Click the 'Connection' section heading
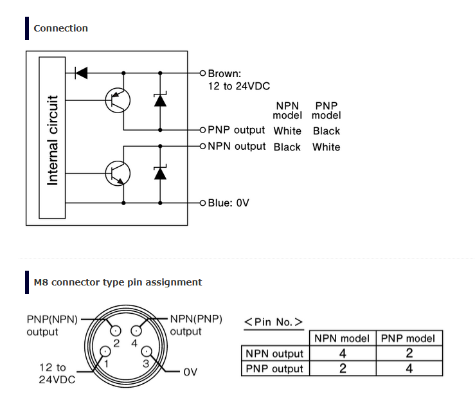click(x=60, y=28)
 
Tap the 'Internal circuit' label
click(x=53, y=140)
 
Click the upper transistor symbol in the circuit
click(x=118, y=100)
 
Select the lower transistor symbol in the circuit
click(x=118, y=174)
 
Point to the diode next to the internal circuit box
click(x=81, y=73)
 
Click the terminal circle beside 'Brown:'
click(x=202, y=73)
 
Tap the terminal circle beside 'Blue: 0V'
click(x=202, y=203)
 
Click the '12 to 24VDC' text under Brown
click(x=238, y=86)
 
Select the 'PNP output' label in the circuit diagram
click(x=237, y=130)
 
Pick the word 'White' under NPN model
click(x=287, y=131)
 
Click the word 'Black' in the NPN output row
click(x=287, y=147)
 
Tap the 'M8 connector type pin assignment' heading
click(x=118, y=282)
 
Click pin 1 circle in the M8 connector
click(x=105, y=351)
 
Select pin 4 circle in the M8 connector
click(x=136, y=330)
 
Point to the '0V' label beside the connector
click(x=190, y=372)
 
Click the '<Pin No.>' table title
click(x=274, y=322)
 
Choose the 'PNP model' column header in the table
click(x=408, y=338)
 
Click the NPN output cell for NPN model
click(x=343, y=354)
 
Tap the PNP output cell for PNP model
click(x=409, y=368)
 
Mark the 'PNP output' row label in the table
click(x=274, y=369)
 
